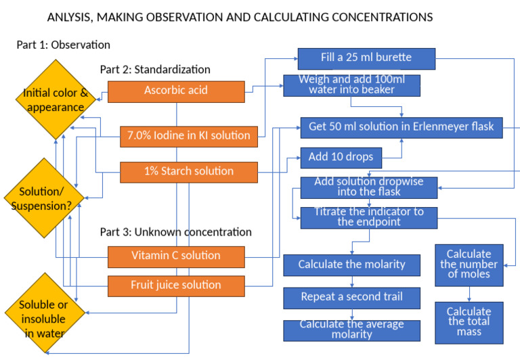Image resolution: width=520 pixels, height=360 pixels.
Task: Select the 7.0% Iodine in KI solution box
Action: tap(189, 136)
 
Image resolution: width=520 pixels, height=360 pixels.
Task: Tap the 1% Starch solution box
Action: tap(189, 172)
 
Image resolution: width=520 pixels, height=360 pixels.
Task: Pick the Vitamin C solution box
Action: tap(176, 256)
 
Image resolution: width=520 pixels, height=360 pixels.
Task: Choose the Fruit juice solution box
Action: tap(176, 286)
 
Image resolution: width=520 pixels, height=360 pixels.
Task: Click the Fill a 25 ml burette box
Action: tap(366, 57)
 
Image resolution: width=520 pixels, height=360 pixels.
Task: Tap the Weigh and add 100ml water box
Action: tap(351, 85)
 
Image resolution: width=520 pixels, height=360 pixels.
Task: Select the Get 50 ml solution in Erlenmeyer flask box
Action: tap(402, 127)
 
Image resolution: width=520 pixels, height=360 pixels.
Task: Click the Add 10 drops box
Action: tap(341, 157)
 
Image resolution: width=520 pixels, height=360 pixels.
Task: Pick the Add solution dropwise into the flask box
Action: tap(369, 187)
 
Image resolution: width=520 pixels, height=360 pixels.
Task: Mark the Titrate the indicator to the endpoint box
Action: tap(369, 217)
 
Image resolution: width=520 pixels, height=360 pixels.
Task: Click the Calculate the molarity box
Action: tap(351, 265)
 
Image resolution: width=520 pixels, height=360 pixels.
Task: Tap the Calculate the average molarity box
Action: tap(351, 330)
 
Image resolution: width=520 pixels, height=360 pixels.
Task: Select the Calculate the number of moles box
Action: tap(469, 265)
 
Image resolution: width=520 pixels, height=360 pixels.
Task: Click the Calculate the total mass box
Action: tap(469, 322)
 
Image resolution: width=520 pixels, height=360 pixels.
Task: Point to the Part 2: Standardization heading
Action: tap(155, 70)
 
